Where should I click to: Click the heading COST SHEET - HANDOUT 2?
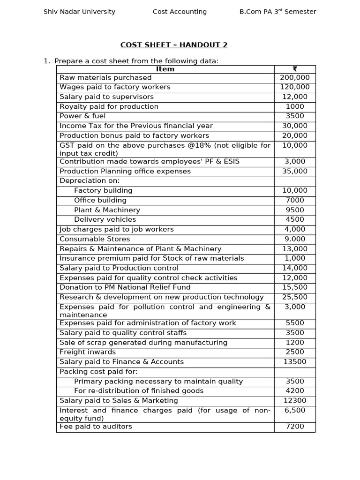click(174, 45)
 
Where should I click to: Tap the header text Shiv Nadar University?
click(79, 12)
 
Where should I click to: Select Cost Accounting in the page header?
click(180, 12)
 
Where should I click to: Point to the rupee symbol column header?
click(295, 69)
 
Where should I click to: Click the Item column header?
click(165, 69)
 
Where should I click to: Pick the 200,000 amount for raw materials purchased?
click(295, 78)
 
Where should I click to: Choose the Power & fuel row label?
click(82, 116)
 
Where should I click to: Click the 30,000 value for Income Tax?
click(295, 126)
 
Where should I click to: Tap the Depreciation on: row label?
click(90, 181)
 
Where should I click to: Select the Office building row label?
click(100, 201)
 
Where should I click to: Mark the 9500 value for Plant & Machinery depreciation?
click(295, 210)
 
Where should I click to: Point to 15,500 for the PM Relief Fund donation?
click(295, 287)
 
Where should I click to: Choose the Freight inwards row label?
click(88, 352)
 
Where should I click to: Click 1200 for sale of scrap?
click(295, 343)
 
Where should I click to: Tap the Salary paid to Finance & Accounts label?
click(121, 362)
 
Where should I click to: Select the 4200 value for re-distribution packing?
click(295, 391)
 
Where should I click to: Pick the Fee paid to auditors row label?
click(96, 427)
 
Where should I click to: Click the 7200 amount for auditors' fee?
click(295, 427)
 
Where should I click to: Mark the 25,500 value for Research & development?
click(295, 297)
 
